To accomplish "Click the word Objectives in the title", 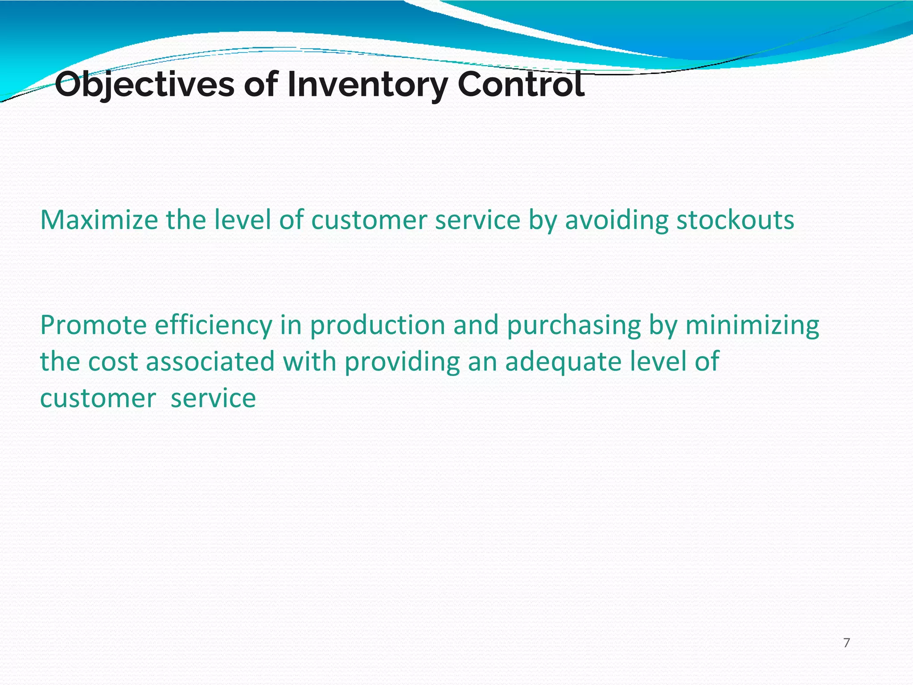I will pyautogui.click(x=144, y=85).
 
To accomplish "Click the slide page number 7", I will pyautogui.click(x=847, y=643).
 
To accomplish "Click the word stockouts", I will pyautogui.click(x=735, y=220).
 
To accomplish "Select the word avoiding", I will pyautogui.click(x=617, y=221).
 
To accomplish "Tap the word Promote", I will pyautogui.click(x=93, y=325).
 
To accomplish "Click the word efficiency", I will pyautogui.click(x=213, y=325).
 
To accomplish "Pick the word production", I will pyautogui.click(x=378, y=325).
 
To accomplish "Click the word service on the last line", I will pyautogui.click(x=213, y=398).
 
